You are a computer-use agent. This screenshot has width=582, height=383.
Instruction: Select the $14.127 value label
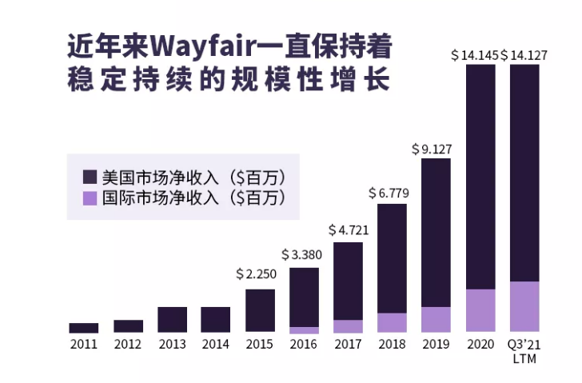click(524, 56)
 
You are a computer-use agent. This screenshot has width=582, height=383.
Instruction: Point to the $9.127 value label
click(436, 149)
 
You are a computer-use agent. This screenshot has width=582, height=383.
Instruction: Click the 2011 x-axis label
click(83, 345)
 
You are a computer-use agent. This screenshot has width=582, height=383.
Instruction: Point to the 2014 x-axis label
click(215, 345)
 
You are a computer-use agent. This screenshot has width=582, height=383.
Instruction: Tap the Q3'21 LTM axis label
click(524, 350)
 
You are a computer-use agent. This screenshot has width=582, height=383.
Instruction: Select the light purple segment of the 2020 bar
click(480, 310)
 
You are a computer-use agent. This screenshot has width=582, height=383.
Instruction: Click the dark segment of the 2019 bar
click(436, 232)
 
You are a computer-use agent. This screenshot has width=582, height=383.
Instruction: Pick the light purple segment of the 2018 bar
click(393, 322)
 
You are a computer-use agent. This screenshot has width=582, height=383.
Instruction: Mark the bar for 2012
click(128, 326)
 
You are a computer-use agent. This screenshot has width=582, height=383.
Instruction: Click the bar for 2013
click(172, 319)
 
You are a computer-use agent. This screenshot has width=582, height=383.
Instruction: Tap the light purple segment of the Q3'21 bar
click(524, 306)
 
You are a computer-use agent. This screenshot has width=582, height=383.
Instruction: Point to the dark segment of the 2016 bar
click(304, 297)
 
